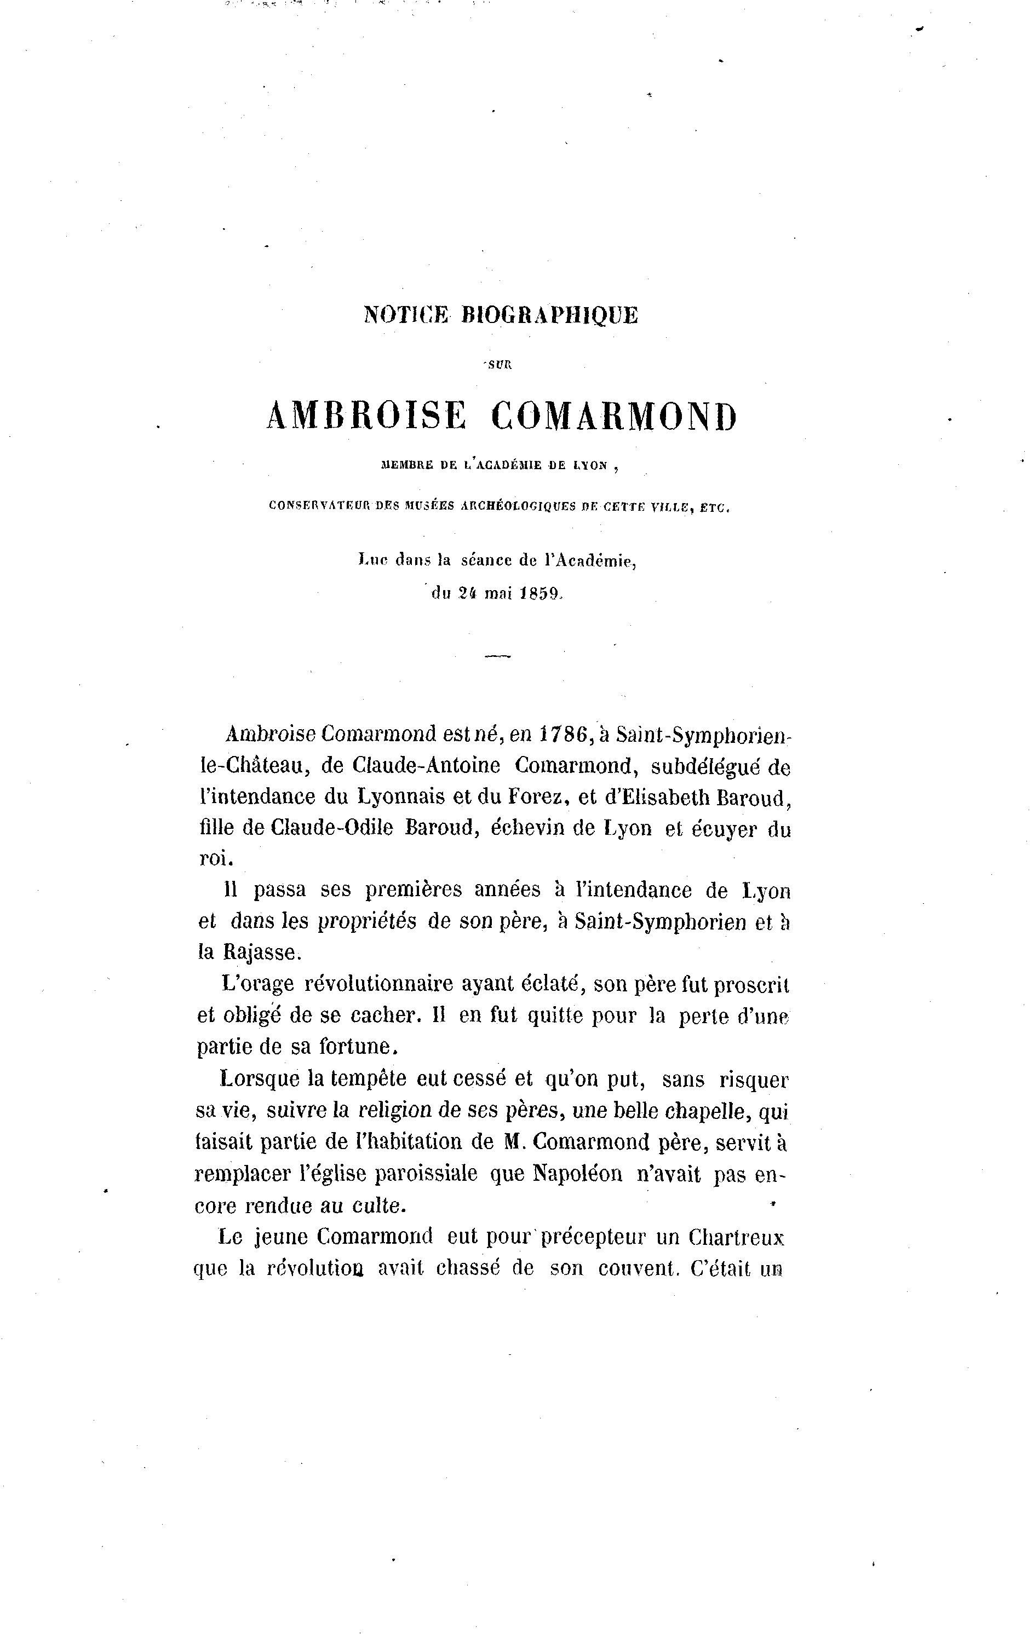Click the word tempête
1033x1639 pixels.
pos(369,1080)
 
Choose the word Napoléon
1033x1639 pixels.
pos(577,1174)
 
